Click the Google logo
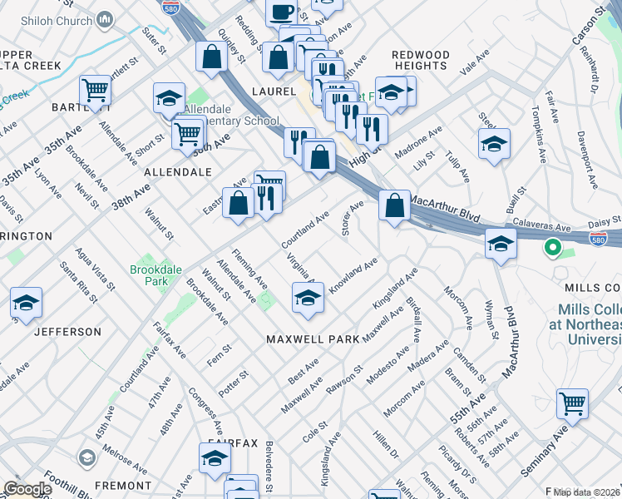click(27, 489)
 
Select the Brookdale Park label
click(151, 276)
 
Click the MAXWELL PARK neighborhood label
click(313, 339)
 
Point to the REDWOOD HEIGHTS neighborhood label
click(421, 60)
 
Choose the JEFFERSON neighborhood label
click(68, 331)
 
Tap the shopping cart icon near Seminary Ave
click(573, 404)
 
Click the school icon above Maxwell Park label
click(308, 298)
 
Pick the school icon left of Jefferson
click(26, 304)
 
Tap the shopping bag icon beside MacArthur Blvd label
click(393, 205)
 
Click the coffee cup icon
click(281, 12)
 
